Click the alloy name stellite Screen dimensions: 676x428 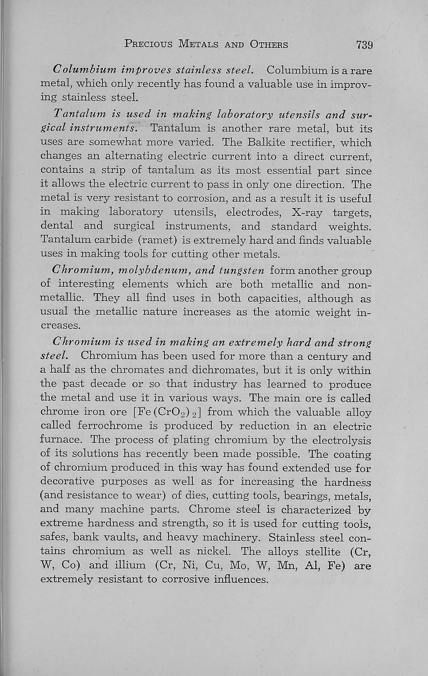pos(319,551)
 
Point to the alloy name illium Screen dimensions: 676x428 pos(130,565)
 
